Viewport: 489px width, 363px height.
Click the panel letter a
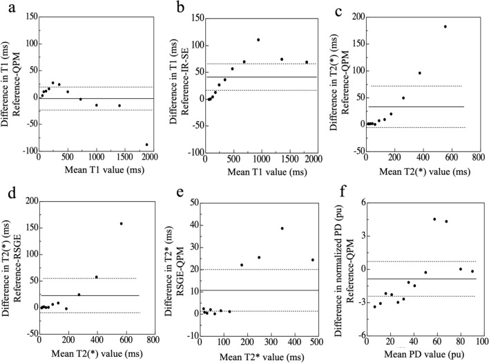click(12, 8)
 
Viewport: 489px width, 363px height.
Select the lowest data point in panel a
click(146, 145)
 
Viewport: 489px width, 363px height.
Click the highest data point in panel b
click(258, 39)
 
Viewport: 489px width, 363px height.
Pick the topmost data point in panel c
click(445, 26)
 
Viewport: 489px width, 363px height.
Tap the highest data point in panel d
click(122, 223)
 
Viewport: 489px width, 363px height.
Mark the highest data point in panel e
click(282, 228)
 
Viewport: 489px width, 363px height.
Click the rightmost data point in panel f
click(472, 271)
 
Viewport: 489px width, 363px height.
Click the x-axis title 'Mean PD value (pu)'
click(424, 354)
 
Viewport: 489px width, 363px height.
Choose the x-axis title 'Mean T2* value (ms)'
click(262, 357)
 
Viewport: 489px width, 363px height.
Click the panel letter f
click(344, 192)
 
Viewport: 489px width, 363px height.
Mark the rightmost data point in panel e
click(312, 260)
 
